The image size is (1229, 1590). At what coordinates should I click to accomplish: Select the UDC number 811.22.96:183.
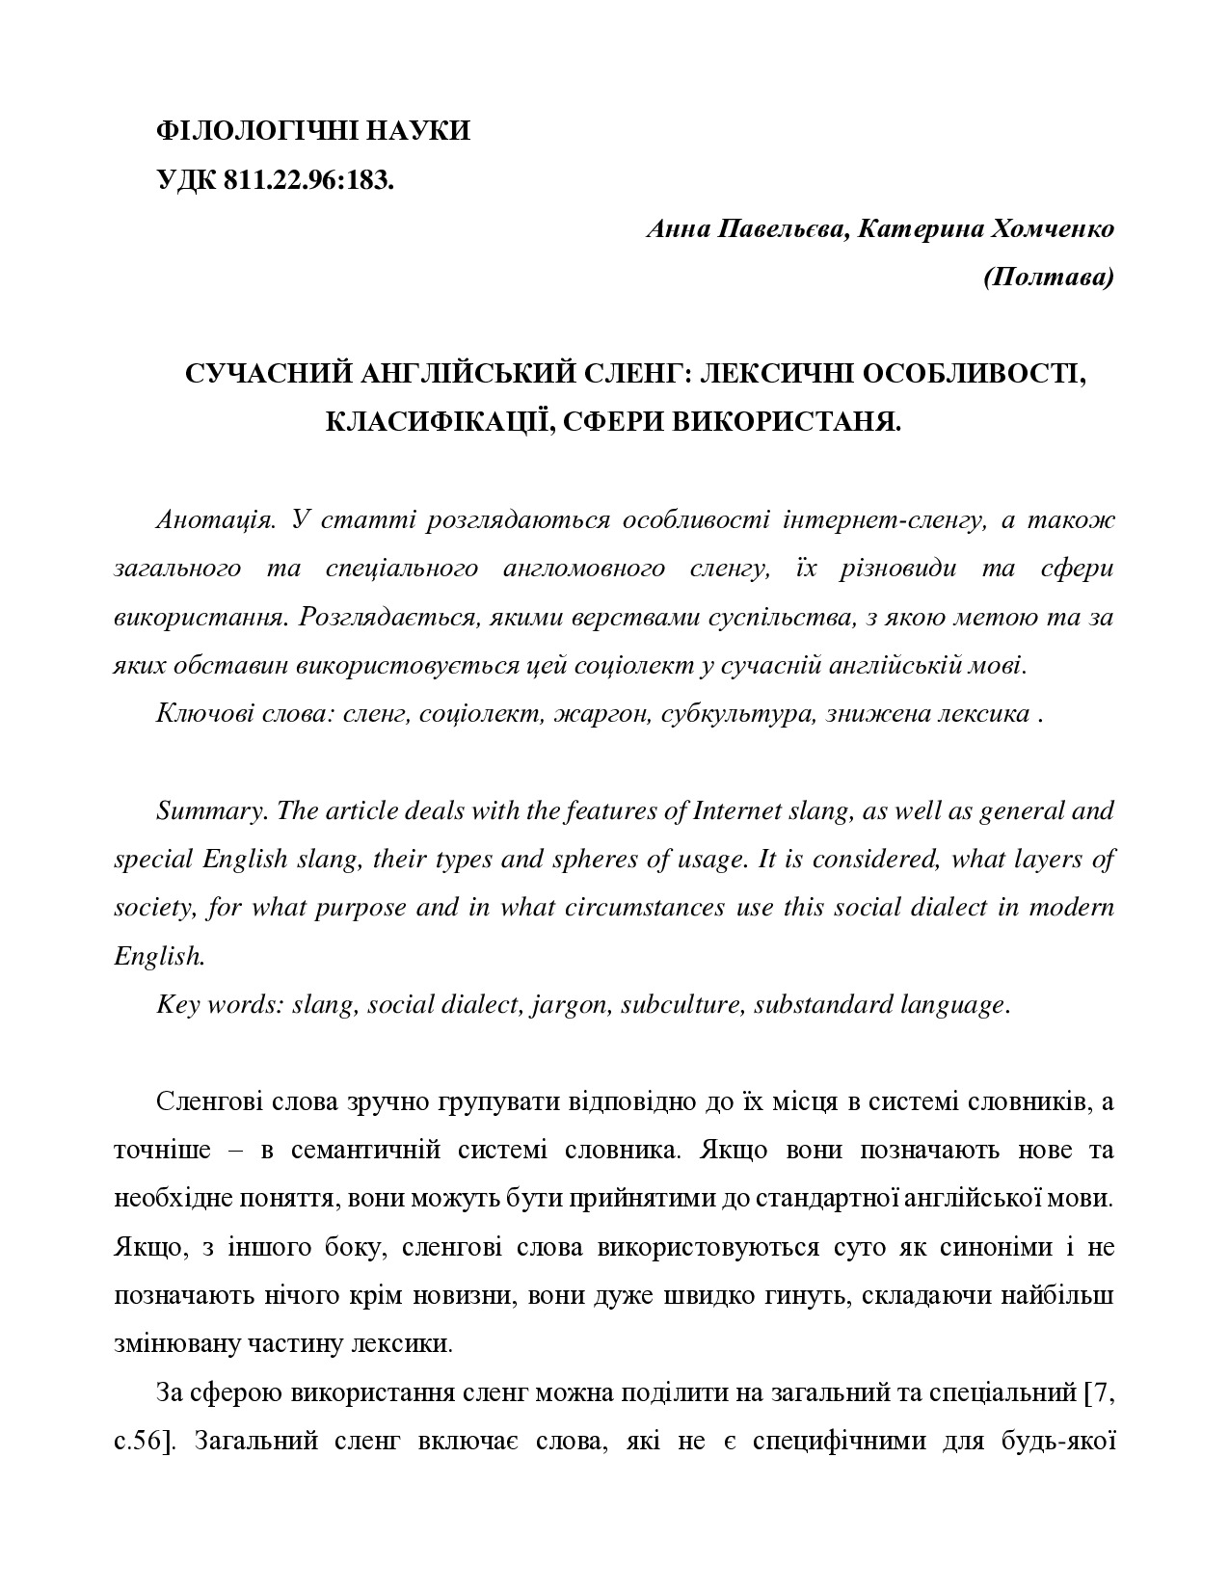pyautogui.click(x=308, y=180)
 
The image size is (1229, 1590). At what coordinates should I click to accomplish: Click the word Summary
pyautogui.click(x=212, y=810)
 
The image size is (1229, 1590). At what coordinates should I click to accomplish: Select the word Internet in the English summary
pyautogui.click(x=737, y=810)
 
